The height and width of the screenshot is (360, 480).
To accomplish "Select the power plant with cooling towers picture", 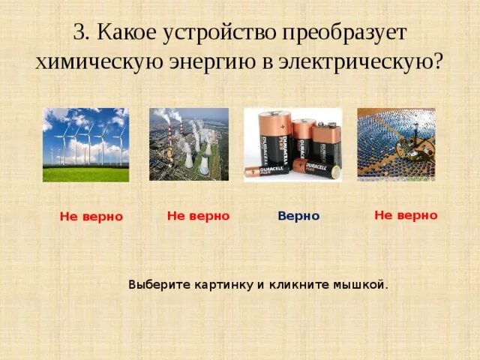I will (188, 144).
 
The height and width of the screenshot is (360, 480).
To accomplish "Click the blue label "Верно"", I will (298, 216).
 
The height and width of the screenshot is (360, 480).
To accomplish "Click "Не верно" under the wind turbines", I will (91, 217).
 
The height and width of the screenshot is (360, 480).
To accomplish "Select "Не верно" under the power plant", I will (198, 215).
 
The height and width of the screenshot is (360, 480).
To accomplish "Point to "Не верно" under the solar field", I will (406, 215).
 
